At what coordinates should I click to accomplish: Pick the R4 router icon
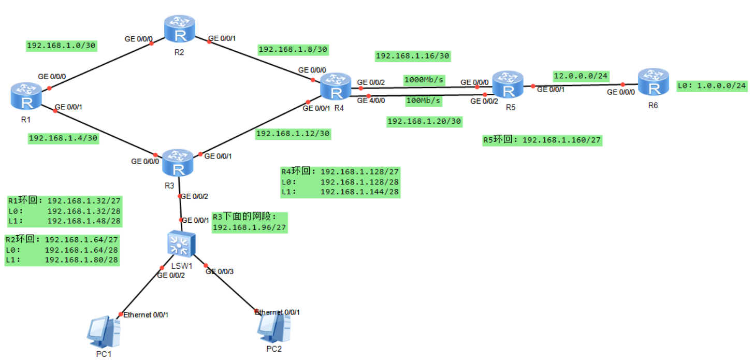pos(336,86)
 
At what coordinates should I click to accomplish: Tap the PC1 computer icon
pos(104,332)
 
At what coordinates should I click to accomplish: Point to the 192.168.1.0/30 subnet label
pos(62,46)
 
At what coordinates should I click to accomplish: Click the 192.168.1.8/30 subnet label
pos(293,49)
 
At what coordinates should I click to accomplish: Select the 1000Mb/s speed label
pos(424,80)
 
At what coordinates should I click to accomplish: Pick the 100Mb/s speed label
pos(424,100)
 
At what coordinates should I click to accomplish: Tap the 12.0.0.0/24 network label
pos(581,76)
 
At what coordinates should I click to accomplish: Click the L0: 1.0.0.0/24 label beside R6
pos(712,85)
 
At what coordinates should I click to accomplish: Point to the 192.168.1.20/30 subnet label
pos(424,121)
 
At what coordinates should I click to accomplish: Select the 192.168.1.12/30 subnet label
pos(293,133)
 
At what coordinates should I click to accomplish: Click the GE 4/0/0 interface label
pos(371,100)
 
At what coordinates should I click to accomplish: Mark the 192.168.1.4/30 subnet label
pos(63,138)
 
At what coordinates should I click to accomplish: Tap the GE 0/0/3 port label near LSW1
pos(220,271)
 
